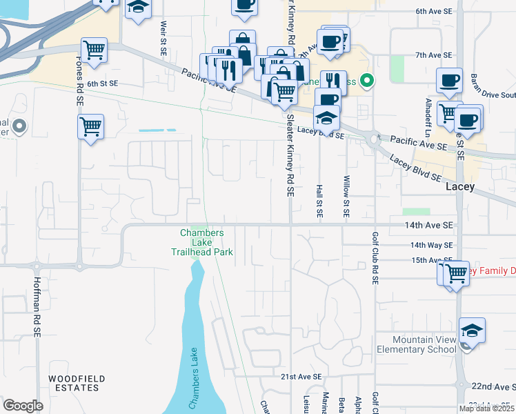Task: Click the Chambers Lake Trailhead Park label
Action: point(202,242)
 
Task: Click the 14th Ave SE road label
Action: point(429,226)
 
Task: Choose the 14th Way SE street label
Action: point(431,245)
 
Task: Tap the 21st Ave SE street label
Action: point(301,377)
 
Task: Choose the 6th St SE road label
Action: point(103,83)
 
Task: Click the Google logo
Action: point(23,405)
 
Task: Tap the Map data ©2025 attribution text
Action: point(486,408)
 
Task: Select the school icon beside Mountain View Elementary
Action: point(472,331)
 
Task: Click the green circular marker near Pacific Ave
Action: point(367,81)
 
